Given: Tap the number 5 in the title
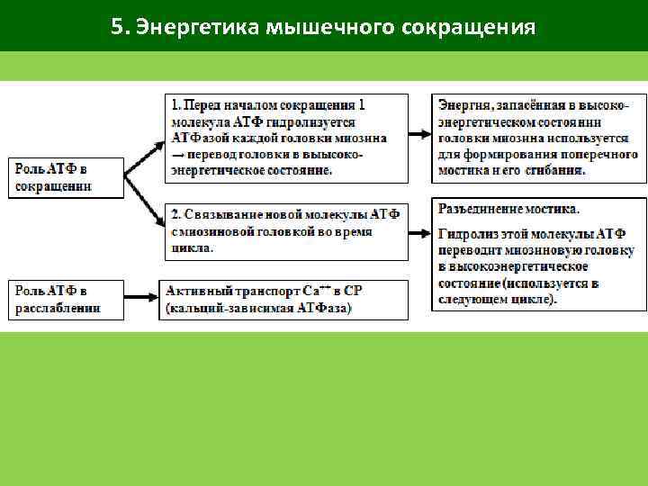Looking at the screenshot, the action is click(117, 26).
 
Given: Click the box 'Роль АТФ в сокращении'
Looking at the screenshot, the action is click(64, 177).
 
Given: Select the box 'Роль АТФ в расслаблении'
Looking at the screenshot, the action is click(64, 299).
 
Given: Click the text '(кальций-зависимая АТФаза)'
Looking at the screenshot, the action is click(259, 309).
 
